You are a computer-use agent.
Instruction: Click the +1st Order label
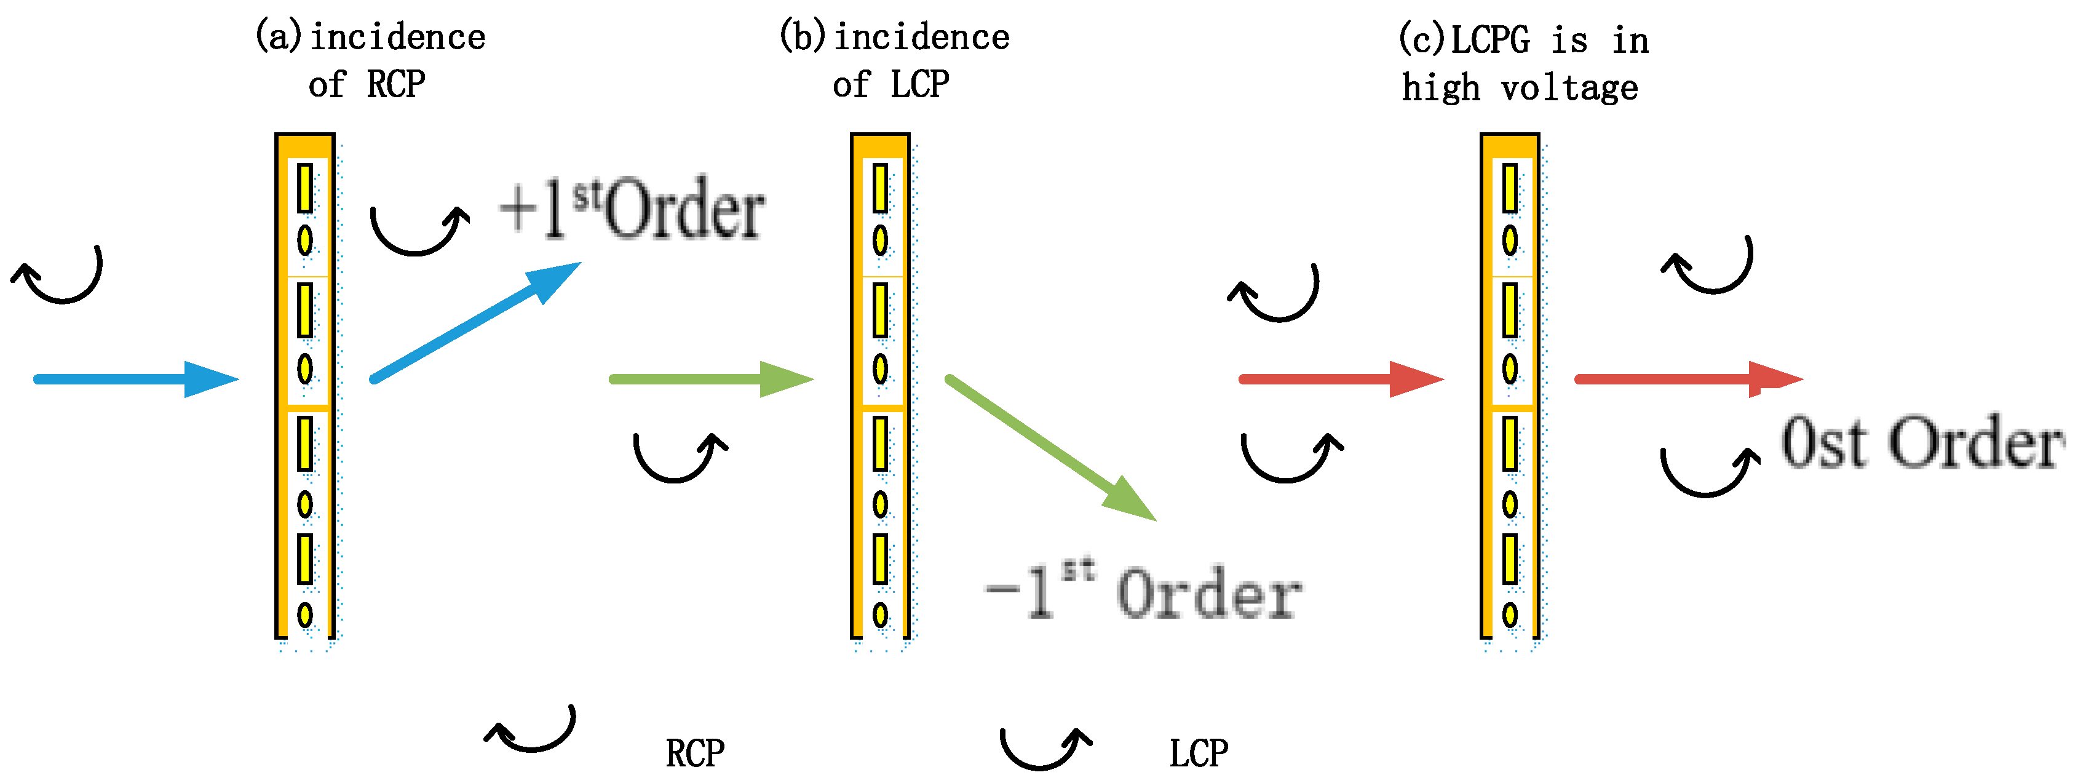pyautogui.click(x=632, y=209)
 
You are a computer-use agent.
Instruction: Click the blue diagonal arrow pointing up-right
pyautogui.click(x=476, y=320)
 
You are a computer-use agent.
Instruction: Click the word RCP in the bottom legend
pyautogui.click(x=694, y=753)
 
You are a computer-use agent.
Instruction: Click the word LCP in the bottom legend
pyautogui.click(x=1199, y=753)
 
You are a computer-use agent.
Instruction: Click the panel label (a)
pyautogui.click(x=279, y=36)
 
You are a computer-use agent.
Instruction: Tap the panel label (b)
pyautogui.click(x=803, y=36)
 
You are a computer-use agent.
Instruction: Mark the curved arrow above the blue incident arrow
pyautogui.click(x=58, y=276)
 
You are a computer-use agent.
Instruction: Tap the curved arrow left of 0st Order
pyautogui.click(x=1708, y=472)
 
